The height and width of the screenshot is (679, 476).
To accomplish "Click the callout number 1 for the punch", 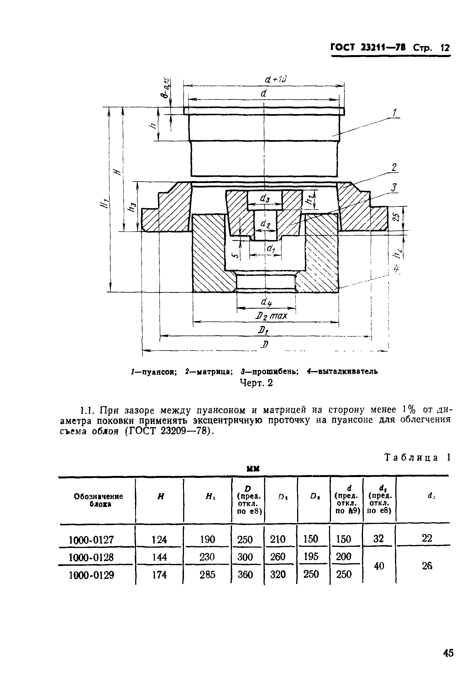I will click(394, 113).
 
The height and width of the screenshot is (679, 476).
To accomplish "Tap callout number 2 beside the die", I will click(394, 168).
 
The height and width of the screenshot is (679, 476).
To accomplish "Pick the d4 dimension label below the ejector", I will click(266, 302).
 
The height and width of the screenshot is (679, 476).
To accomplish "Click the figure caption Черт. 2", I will click(256, 383).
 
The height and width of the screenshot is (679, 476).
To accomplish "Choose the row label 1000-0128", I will click(91, 558).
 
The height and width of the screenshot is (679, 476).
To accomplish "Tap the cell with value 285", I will click(207, 574).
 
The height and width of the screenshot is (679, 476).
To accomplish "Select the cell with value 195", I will click(311, 557).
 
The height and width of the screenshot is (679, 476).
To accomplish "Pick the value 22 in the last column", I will click(427, 539).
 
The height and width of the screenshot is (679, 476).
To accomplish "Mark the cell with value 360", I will click(245, 574).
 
